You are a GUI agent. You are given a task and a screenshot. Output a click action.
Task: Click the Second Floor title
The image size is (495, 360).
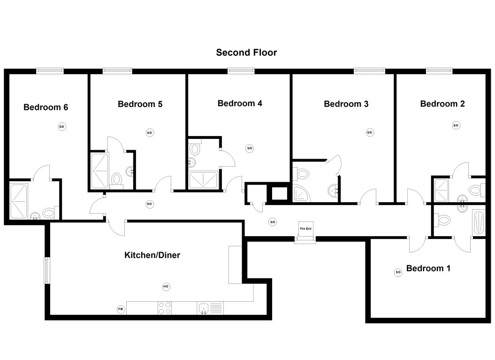click(246, 53)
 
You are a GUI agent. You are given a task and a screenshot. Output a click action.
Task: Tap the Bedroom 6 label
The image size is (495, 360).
click(46, 107)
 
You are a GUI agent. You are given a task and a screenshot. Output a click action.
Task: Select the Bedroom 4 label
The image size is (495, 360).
click(240, 103)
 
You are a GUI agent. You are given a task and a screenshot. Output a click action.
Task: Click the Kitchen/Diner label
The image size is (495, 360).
click(152, 255)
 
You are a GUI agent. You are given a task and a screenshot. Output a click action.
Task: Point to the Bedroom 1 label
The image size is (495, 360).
click(428, 268)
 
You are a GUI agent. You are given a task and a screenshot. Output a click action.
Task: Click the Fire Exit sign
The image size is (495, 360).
click(305, 229)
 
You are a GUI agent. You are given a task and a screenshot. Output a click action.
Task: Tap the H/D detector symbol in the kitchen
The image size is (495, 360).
click(166, 286)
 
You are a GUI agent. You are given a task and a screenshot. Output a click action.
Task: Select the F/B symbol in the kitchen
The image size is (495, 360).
click(121, 309)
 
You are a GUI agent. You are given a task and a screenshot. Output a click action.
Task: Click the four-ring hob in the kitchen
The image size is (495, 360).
click(164, 308)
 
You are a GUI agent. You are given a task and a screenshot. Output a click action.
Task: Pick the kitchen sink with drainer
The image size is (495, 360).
click(210, 308)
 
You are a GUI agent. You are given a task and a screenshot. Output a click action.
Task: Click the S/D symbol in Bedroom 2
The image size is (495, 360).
click(456, 125)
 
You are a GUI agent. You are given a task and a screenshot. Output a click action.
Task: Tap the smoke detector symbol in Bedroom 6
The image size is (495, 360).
click(61, 126)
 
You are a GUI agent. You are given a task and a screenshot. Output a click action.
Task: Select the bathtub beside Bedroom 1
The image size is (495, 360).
click(478, 222)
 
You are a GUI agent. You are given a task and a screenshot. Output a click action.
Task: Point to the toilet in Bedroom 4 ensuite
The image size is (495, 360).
click(195, 149)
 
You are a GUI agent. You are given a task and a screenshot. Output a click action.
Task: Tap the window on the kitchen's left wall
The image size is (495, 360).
click(47, 270)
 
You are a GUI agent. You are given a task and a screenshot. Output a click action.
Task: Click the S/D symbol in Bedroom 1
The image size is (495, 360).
click(398, 272)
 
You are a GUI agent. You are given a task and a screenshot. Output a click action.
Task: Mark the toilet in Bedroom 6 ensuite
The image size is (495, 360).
click(48, 213)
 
